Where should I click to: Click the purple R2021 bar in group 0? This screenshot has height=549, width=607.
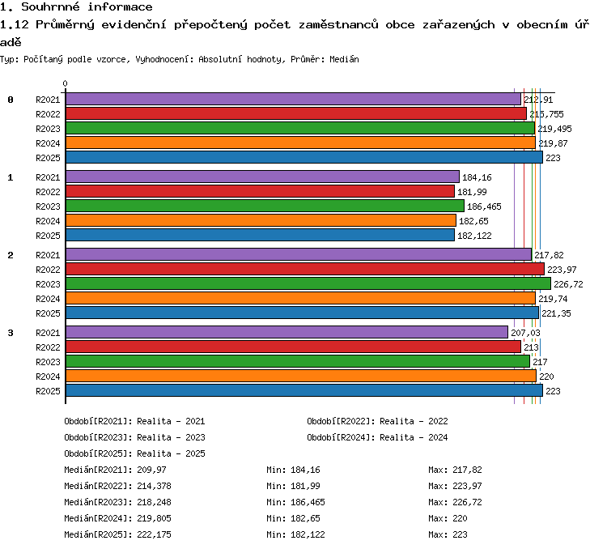[294, 99]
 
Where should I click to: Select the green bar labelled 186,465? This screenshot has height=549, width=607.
[265, 206]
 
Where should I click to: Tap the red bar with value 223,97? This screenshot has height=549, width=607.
[305, 269]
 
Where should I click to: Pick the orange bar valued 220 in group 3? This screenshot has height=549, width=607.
[301, 376]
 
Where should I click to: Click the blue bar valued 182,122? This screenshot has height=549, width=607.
[260, 235]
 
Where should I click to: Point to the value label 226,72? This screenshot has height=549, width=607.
[568, 284]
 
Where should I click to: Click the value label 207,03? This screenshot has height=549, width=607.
[525, 333]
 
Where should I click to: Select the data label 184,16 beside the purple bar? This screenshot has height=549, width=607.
[477, 177]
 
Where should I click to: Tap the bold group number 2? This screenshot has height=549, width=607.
[11, 255]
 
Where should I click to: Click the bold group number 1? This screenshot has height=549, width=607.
[11, 177]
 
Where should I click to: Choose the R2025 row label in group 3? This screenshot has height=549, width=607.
[48, 391]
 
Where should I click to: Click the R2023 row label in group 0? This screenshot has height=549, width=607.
[48, 129]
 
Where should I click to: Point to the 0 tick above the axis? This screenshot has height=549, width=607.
[65, 83]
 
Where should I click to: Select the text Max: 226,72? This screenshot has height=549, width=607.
[455, 502]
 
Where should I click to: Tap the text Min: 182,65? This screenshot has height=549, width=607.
[294, 518]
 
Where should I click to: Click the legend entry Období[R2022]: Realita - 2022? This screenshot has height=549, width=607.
[377, 421]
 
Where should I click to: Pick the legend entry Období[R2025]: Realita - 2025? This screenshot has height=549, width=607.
[134, 453]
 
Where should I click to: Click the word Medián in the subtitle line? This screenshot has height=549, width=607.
[344, 59]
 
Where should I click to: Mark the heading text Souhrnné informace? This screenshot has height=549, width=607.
[87, 6]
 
